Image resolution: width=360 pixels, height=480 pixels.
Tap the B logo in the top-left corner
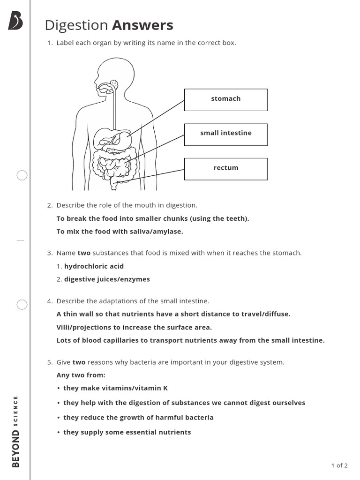(x=15, y=21)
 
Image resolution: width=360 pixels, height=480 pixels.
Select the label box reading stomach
(x=225, y=99)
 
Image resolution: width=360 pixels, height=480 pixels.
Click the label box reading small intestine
(x=225, y=134)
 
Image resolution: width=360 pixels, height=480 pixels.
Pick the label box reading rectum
(x=225, y=169)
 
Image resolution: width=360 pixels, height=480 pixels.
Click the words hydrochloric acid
(x=94, y=266)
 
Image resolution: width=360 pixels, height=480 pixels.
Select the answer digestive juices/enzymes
(x=107, y=279)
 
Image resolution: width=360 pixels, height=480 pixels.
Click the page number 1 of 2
(x=339, y=465)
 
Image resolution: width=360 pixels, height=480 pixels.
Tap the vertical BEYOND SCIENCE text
(x=16, y=431)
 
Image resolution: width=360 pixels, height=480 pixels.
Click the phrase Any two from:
(x=81, y=375)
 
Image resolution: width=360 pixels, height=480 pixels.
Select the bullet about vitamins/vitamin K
(x=115, y=388)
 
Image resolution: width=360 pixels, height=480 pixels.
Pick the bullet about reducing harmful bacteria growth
(x=138, y=417)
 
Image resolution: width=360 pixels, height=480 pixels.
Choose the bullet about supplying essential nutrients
(x=127, y=432)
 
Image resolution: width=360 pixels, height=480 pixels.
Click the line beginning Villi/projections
(x=134, y=327)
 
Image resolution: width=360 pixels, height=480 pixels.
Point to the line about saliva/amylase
(x=120, y=232)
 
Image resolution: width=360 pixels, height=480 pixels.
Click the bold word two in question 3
(x=84, y=253)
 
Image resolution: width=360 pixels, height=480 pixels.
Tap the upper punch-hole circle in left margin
(x=22, y=176)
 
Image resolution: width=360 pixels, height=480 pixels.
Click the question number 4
(x=50, y=301)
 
